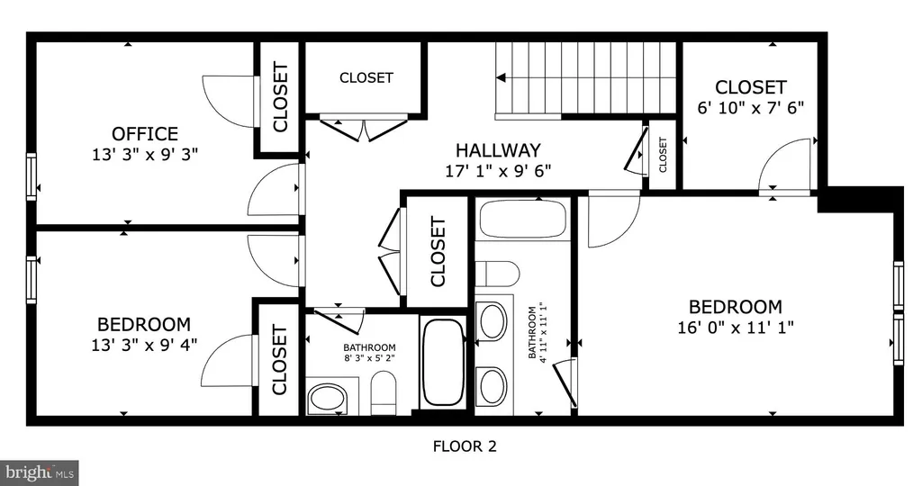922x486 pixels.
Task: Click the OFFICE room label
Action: [145, 134]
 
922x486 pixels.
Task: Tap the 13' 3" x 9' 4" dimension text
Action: [144, 345]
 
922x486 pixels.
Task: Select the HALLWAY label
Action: [498, 150]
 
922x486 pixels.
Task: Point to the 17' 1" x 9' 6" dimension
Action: [498, 171]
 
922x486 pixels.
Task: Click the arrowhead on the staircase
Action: [501, 77]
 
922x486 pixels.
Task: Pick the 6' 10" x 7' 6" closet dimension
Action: [750, 108]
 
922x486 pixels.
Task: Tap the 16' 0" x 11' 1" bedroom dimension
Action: [736, 327]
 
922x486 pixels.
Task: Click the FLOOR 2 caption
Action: [465, 446]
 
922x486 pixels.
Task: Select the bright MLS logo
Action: [40, 472]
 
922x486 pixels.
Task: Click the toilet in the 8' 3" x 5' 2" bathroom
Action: [384, 392]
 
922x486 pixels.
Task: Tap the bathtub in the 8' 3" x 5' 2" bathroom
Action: [444, 362]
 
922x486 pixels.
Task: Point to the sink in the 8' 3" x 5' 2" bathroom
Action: [327, 397]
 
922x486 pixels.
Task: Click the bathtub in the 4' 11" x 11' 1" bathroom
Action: [523, 220]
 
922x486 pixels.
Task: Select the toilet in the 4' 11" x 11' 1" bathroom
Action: [497, 274]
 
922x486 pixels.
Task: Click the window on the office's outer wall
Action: [32, 176]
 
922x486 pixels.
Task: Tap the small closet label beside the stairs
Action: [663, 155]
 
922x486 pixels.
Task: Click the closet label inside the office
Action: [280, 97]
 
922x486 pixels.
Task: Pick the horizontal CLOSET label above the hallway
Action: [366, 77]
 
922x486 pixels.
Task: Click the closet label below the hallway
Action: [438, 251]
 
